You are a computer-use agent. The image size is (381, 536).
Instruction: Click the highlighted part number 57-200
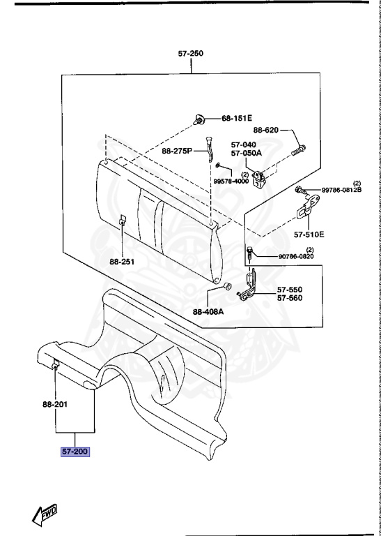75,452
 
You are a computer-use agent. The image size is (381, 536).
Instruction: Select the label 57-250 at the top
191,54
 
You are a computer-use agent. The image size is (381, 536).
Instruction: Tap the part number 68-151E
237,119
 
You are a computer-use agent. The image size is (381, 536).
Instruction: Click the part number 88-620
265,130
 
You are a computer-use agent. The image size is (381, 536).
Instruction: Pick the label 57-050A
247,153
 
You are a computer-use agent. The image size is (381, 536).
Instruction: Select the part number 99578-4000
231,181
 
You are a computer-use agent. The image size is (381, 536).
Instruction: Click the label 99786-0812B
341,190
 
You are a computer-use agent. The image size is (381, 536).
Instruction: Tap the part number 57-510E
309,234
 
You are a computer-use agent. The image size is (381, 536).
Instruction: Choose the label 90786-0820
296,256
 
